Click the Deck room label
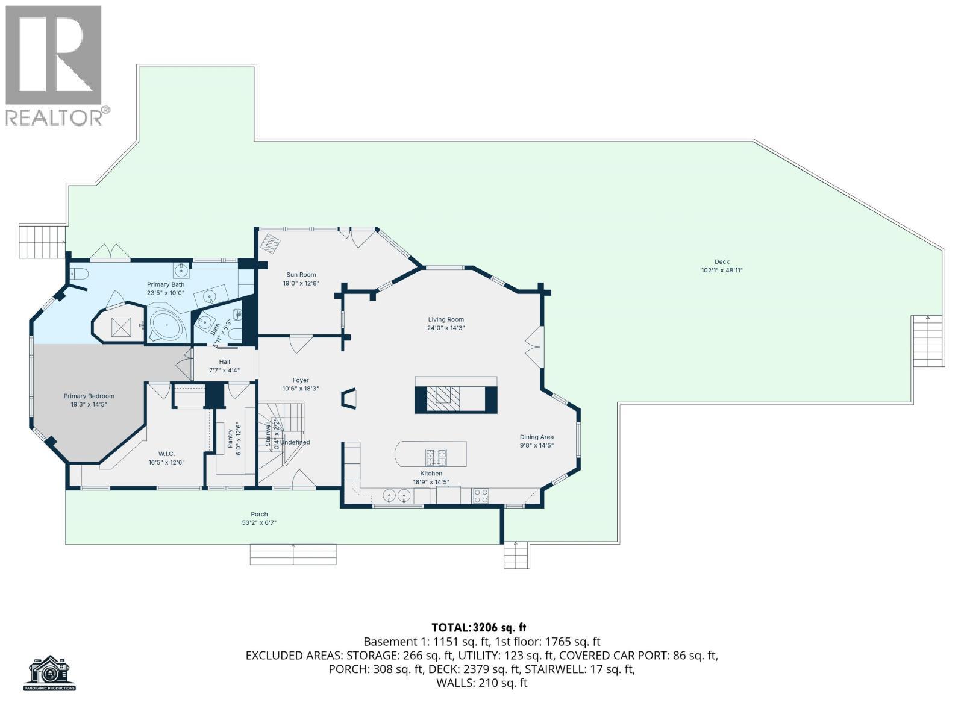(721, 261)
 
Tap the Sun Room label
(300, 275)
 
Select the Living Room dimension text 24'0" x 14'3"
(446, 328)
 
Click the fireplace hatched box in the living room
(446, 397)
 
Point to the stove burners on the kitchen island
(436, 457)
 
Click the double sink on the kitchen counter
(396, 496)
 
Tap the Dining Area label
(536, 437)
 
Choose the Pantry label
(230, 438)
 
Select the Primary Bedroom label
(89, 396)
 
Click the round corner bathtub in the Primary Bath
(166, 327)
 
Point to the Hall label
(224, 362)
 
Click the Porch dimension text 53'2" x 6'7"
(259, 523)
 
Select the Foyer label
(301, 380)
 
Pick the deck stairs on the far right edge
(927, 340)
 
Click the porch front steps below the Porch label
(293, 554)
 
